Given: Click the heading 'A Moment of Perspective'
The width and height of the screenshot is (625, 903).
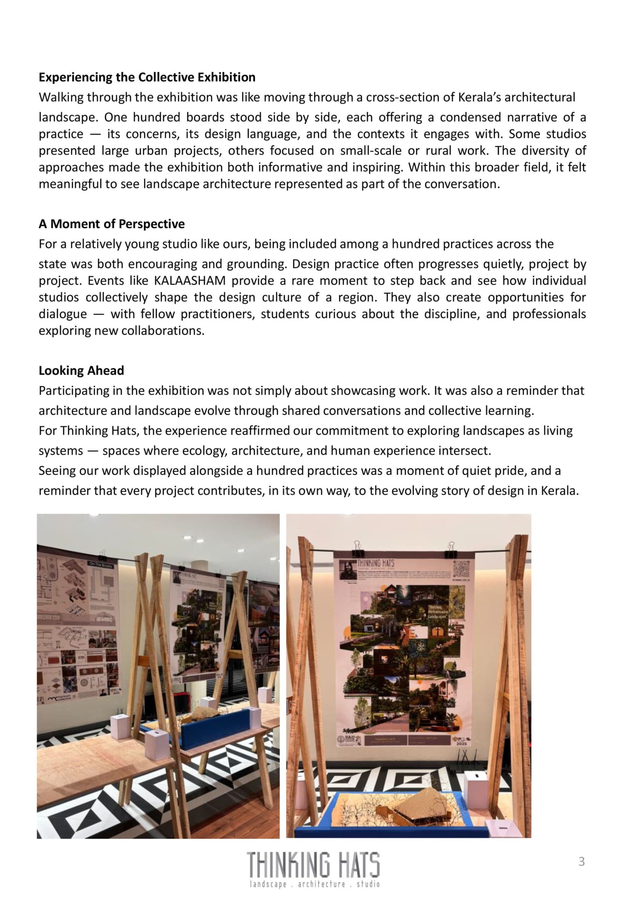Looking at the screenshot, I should [112, 224].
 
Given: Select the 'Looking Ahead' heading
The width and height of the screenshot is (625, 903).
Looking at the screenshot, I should [81, 371].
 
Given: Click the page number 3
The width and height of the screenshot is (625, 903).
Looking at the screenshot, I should [582, 861].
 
